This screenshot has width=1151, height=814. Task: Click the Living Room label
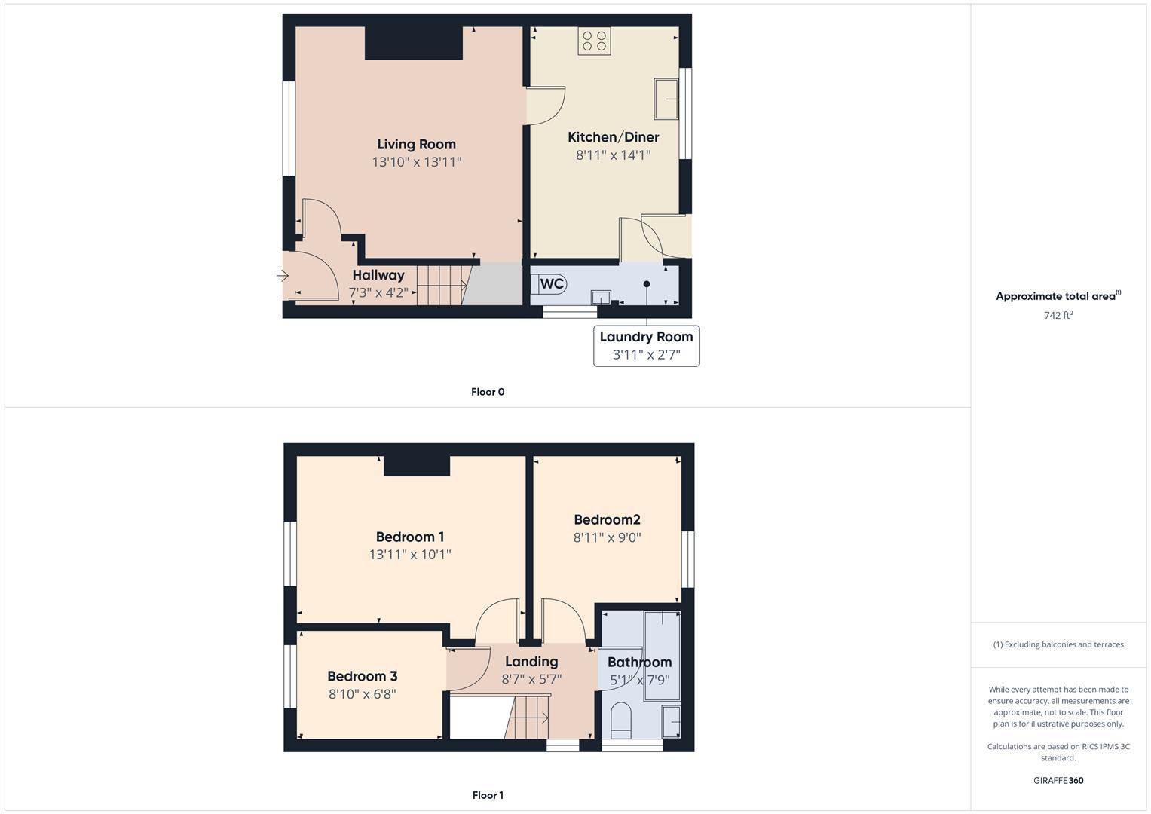coord(416,144)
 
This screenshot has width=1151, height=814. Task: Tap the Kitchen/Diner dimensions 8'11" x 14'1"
coord(613,155)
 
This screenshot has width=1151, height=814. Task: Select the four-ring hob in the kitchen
coord(594,41)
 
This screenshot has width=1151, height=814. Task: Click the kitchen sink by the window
coord(666,99)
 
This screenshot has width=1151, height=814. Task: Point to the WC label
coord(552,283)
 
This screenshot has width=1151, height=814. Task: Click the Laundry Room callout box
coord(646,346)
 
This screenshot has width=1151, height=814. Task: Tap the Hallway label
coord(378,275)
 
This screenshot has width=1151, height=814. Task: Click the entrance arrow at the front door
coord(283,277)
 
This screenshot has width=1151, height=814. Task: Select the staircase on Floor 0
coord(443,285)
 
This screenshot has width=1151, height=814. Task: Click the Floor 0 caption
coord(488,392)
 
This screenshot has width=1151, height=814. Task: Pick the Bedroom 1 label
coord(410,537)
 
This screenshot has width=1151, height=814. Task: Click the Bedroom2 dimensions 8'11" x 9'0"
coord(607,538)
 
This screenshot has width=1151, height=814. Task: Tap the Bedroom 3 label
coord(362,676)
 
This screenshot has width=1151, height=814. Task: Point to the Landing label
coord(531,661)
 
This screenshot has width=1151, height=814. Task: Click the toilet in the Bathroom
coord(621,721)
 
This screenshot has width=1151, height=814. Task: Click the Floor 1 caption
coord(488,795)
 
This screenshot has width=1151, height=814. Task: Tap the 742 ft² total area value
coord(1058,316)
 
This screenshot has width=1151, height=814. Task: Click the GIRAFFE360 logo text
coord(1058,781)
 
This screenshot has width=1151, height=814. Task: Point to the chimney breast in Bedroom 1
coord(417,466)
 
